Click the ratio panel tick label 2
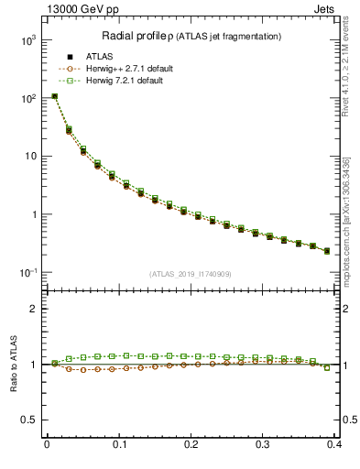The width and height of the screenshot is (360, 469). point(36,310)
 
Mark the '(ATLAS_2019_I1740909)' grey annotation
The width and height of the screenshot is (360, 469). point(191,274)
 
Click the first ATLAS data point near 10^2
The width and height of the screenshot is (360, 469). point(54,96)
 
